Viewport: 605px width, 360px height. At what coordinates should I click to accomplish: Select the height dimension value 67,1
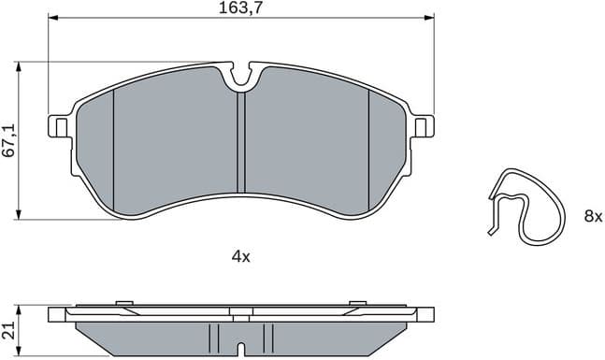point(8,141)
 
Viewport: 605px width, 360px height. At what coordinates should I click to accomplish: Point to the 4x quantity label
point(240,256)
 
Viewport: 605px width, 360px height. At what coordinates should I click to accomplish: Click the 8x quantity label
point(593,217)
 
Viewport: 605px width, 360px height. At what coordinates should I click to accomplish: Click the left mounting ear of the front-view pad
point(57,125)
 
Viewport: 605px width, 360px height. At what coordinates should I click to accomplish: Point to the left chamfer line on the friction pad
point(113,150)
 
